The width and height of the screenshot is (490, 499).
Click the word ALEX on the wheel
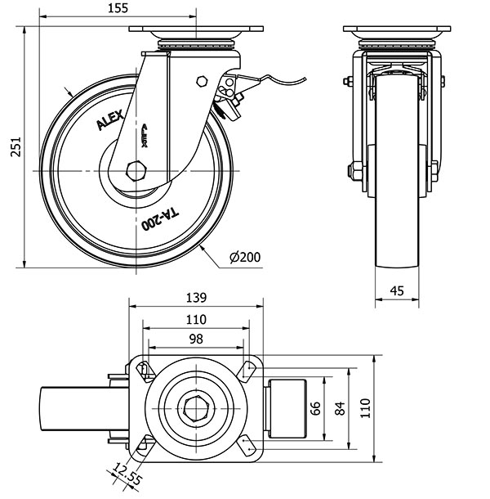point(111,122)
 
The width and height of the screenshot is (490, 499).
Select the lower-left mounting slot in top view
point(144,444)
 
